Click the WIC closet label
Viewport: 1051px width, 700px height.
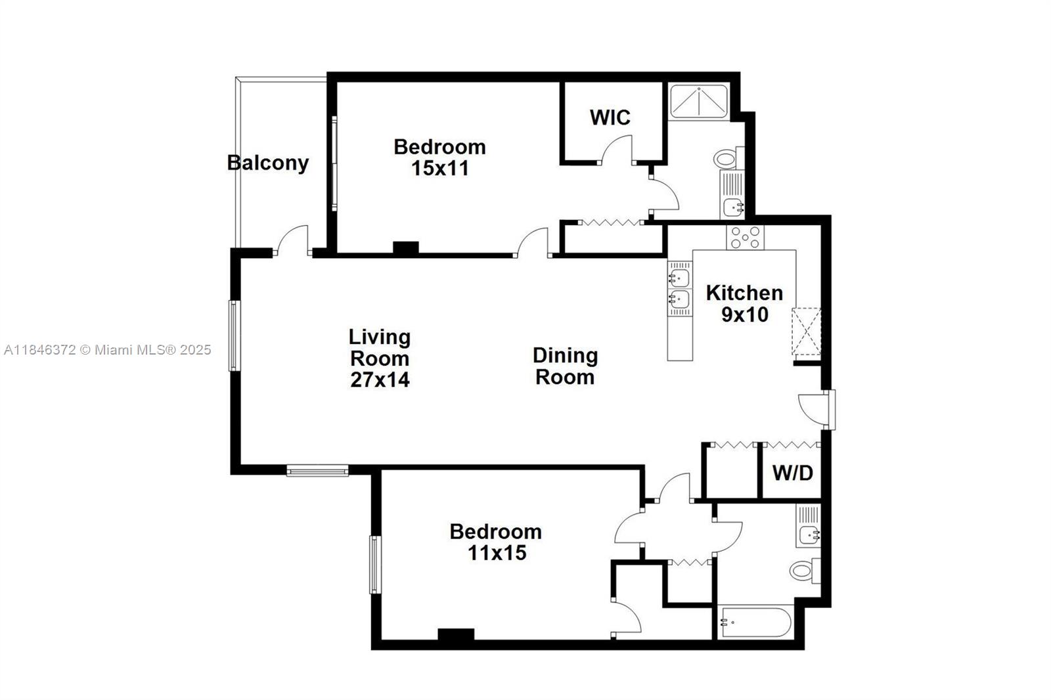coord(610,118)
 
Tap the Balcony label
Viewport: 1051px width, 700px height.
coord(268,162)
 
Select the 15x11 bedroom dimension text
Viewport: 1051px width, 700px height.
coord(440,168)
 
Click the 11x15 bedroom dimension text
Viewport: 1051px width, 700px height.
coord(497,553)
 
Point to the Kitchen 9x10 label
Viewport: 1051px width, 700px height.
coord(744,303)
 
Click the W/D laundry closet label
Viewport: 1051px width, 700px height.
coord(792,473)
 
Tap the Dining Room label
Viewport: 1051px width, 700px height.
coord(565,366)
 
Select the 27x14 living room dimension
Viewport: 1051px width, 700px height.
coord(380,380)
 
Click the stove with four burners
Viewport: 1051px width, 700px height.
coord(745,237)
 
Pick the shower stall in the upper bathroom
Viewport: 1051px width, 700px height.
coord(698,101)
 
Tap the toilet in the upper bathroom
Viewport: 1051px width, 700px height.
coord(727,158)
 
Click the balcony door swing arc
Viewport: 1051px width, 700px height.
coord(292,240)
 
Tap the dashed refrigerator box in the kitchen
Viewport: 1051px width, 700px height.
coord(807,332)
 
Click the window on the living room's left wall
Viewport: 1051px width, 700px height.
coord(234,336)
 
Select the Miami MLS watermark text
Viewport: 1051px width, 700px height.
coord(108,350)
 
